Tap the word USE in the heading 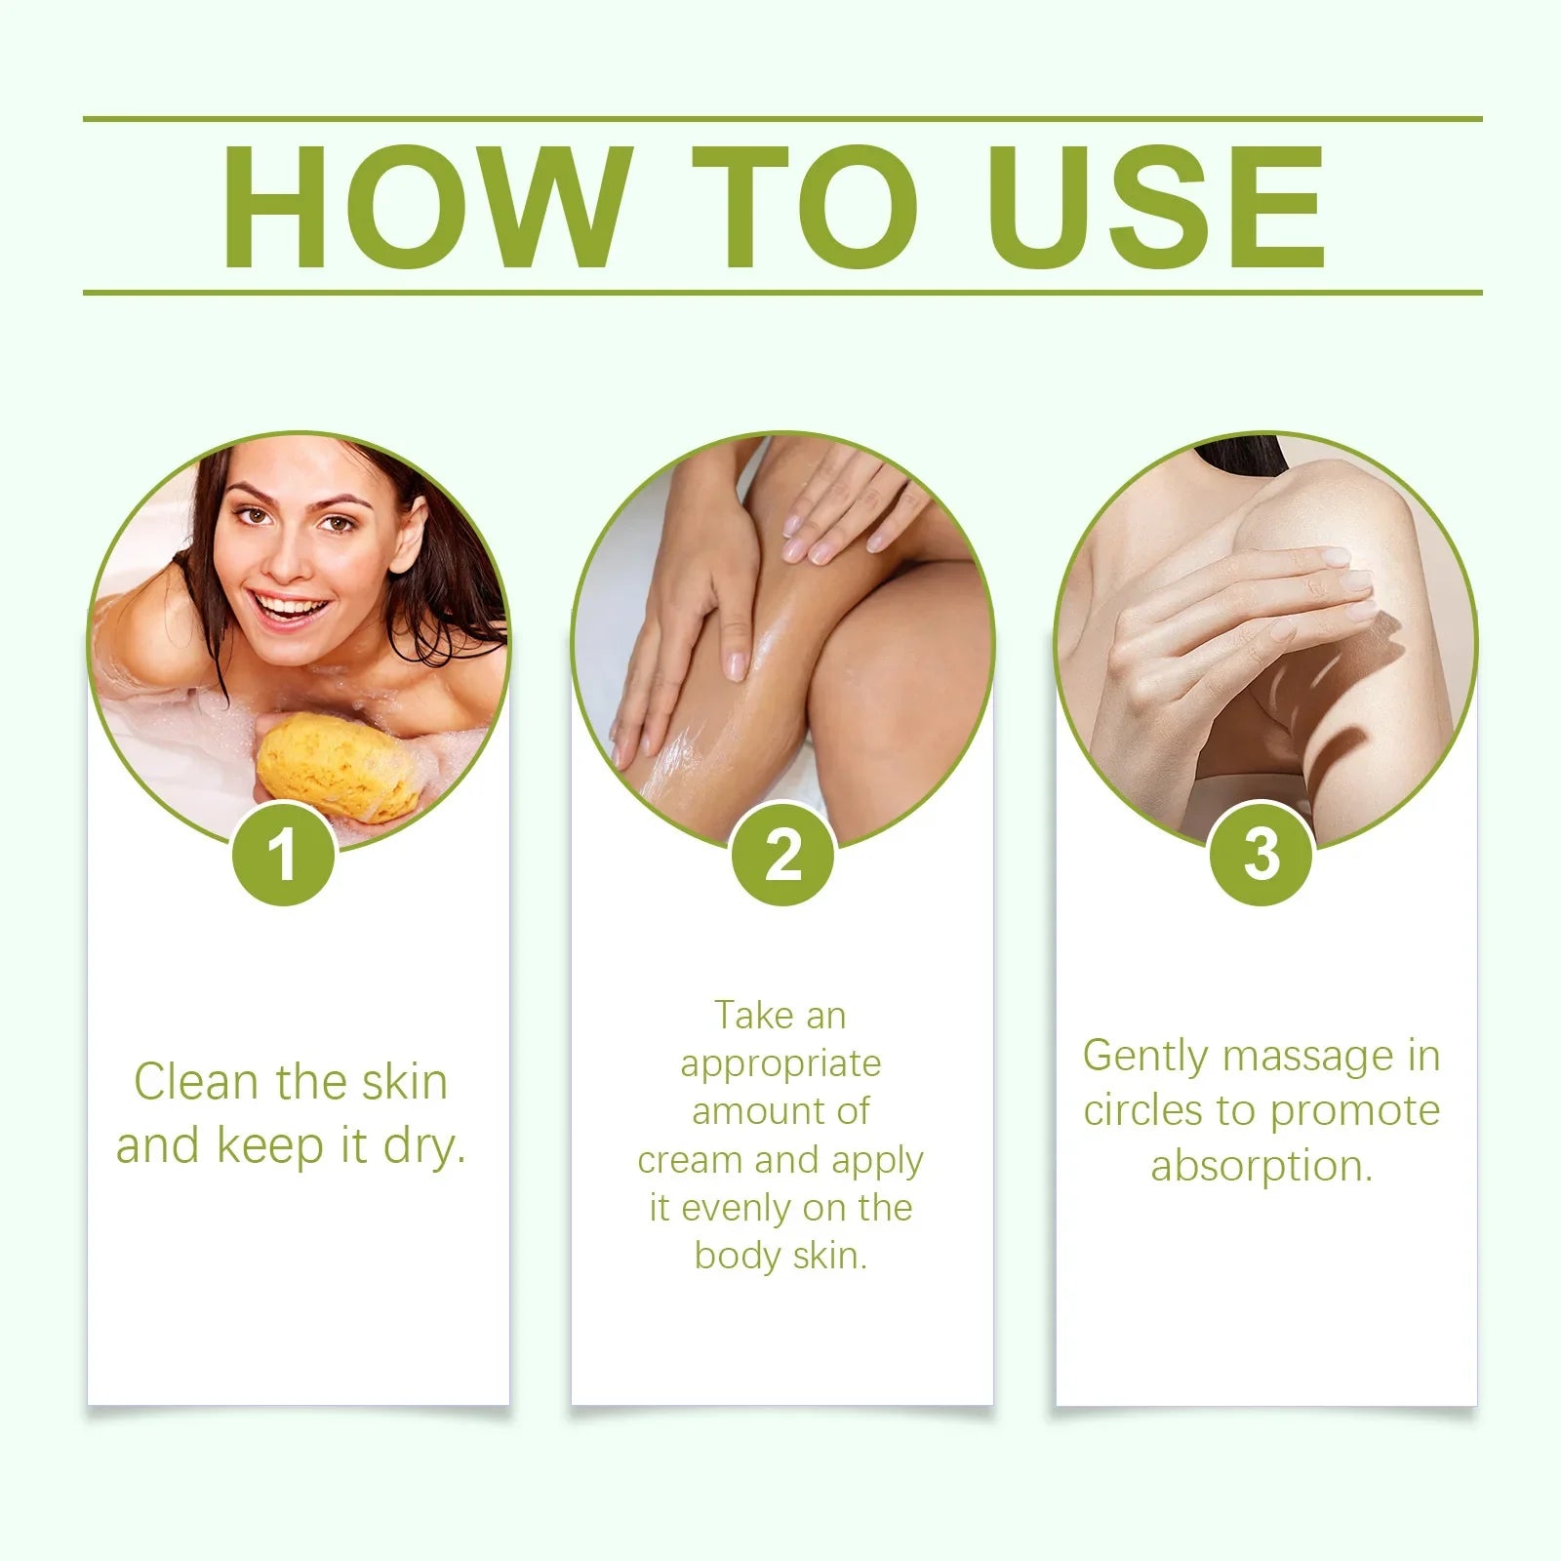(1156, 207)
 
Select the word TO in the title (805, 207)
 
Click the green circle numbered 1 (284, 855)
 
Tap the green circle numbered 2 (782, 855)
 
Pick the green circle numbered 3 (1261, 855)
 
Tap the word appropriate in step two (780, 1064)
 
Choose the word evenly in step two (733, 1208)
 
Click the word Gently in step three (1144, 1057)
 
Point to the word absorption (1261, 1166)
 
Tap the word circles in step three (1142, 1111)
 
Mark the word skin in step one (405, 1082)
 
